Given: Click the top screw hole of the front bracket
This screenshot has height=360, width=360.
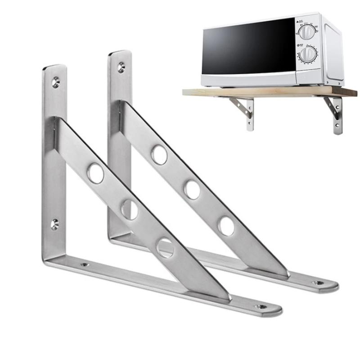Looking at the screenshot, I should [55, 82].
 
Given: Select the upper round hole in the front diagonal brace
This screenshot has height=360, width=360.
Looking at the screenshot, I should [95, 174].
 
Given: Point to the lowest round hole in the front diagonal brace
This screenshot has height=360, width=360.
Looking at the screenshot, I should [165, 247].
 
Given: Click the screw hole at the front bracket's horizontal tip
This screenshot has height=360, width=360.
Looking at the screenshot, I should [261, 307].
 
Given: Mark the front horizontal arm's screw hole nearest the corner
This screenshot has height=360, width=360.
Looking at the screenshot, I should [84, 265].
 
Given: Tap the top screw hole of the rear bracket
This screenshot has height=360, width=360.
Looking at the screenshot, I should [121, 67].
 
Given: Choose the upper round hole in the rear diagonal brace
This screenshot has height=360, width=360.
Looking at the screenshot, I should [159, 155].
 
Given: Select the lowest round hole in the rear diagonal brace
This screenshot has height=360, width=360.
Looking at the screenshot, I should [226, 226].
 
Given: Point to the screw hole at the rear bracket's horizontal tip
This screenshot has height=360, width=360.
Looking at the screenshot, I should [319, 283].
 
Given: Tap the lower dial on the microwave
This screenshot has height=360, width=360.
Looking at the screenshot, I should [308, 55].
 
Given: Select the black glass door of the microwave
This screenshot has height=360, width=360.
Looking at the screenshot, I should [247, 49].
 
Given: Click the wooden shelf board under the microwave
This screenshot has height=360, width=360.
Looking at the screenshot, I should [270, 92].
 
